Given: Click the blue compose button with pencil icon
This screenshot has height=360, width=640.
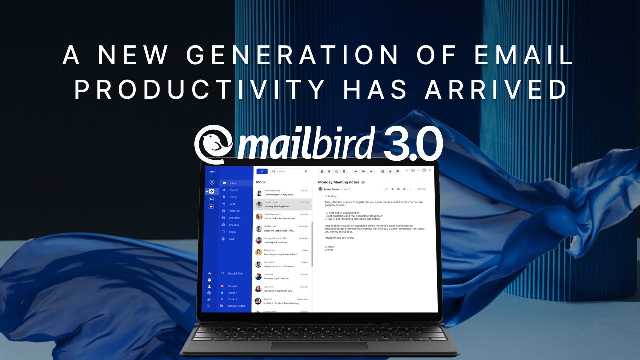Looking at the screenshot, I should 262,171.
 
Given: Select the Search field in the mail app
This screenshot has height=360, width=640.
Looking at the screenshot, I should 290,171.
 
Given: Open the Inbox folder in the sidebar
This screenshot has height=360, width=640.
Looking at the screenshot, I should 233,183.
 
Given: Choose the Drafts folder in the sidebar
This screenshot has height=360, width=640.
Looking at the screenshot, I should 233,197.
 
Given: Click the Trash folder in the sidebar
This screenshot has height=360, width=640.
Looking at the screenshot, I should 232,239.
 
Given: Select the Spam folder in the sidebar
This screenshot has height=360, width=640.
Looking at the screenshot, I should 232,232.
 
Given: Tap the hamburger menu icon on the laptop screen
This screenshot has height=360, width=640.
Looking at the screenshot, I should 212,171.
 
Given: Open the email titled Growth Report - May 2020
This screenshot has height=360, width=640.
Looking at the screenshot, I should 280,193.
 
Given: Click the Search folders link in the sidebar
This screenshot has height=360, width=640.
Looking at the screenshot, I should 235,273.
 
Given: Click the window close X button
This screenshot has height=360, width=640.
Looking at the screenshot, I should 430,170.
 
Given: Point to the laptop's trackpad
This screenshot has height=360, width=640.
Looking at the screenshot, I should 319,346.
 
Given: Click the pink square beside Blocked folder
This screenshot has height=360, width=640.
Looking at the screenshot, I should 222,286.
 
